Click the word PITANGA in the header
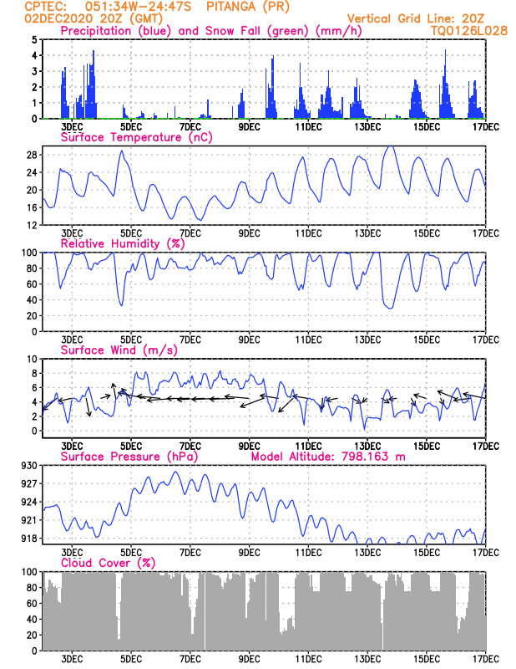pyautogui.click(x=230, y=7)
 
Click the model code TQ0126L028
pyautogui.click(x=468, y=31)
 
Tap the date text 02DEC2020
pyautogui.click(x=58, y=18)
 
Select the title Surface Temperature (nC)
pyautogui.click(x=136, y=137)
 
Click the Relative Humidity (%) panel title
pyautogui.click(x=123, y=243)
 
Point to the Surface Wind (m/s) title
pyautogui.click(x=119, y=350)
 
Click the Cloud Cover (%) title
pyautogui.click(x=109, y=563)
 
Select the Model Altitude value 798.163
pyautogui.click(x=365, y=457)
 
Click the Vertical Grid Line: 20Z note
pyautogui.click(x=416, y=18)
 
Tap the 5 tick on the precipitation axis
pyautogui.click(x=35, y=40)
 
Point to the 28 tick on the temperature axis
pyautogui.click(x=32, y=155)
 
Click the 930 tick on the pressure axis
pyautogui.click(x=29, y=466)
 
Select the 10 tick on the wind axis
pyautogui.click(x=33, y=360)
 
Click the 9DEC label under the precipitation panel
pyautogui.click(x=249, y=127)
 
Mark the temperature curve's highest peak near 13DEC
pyautogui.click(x=390, y=146)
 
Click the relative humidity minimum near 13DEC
pyautogui.click(x=390, y=308)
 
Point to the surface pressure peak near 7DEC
pyautogui.click(x=175, y=472)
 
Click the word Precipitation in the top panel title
pyautogui.click(x=96, y=31)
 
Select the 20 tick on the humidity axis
pyautogui.click(x=33, y=316)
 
